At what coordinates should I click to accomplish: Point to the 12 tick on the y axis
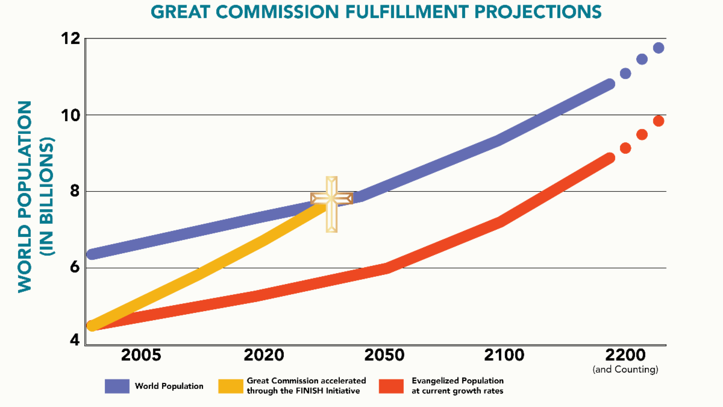(71, 39)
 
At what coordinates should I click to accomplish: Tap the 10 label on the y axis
(71, 115)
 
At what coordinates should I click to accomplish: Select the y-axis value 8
(74, 191)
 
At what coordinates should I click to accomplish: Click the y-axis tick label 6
(74, 267)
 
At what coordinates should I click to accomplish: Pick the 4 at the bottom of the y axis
(74, 340)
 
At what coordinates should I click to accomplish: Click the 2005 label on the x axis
(141, 355)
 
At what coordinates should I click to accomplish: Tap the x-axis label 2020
(264, 355)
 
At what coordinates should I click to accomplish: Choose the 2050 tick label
(384, 355)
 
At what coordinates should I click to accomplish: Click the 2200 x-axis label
(625, 355)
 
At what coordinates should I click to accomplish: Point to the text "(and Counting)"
(625, 369)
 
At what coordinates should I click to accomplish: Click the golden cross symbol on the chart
(331, 203)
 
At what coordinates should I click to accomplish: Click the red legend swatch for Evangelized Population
(391, 386)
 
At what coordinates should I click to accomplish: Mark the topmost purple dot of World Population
(659, 48)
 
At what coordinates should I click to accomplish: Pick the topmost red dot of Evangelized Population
(659, 121)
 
